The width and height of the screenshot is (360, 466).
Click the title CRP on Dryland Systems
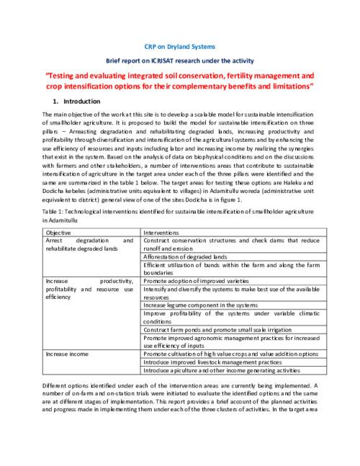pyautogui.click(x=180, y=45)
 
